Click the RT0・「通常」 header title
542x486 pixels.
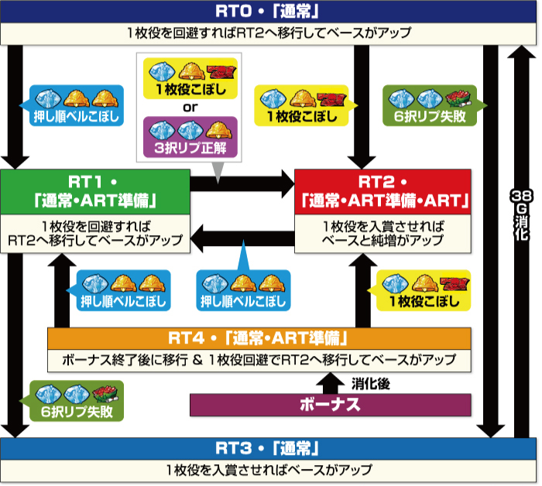coord(270,12)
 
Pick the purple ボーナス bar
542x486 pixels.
coord(331,403)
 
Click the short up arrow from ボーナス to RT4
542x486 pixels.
coord(331,382)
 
